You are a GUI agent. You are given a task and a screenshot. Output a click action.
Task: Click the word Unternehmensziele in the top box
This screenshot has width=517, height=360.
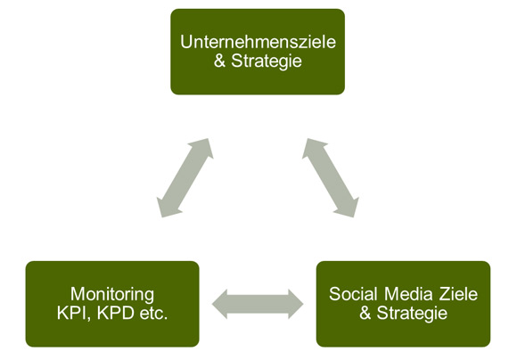pyautogui.click(x=258, y=42)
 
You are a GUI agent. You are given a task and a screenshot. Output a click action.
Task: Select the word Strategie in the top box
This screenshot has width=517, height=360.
pyautogui.click(x=267, y=61)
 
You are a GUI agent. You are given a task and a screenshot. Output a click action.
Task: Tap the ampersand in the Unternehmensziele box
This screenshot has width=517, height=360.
pyautogui.click(x=219, y=61)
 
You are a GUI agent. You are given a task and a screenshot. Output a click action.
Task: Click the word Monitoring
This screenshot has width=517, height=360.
pyautogui.click(x=112, y=295)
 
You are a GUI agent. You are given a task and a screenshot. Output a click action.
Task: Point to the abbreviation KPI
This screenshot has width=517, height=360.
pyautogui.click(x=73, y=314)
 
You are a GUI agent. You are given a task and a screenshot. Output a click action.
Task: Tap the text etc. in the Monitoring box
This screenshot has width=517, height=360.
pyautogui.click(x=153, y=314)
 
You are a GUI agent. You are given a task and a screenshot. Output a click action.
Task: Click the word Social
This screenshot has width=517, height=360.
pyautogui.click(x=353, y=294)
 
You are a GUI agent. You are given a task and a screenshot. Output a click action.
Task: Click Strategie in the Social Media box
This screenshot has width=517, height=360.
pyautogui.click(x=412, y=314)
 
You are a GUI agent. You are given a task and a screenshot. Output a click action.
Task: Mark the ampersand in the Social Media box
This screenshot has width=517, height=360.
pyautogui.click(x=365, y=313)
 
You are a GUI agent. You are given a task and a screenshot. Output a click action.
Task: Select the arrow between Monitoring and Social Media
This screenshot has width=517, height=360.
pyautogui.click(x=258, y=304)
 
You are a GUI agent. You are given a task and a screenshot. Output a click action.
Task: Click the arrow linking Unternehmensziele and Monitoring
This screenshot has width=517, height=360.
pyautogui.click(x=185, y=178)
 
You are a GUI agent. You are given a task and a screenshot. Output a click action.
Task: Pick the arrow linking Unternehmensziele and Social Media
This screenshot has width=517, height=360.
pyautogui.click(x=331, y=178)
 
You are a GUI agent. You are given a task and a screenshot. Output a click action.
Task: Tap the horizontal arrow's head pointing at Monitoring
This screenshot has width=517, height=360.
pyautogui.click(x=219, y=304)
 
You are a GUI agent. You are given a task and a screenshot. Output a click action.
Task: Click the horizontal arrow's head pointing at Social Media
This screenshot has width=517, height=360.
pyautogui.click(x=296, y=304)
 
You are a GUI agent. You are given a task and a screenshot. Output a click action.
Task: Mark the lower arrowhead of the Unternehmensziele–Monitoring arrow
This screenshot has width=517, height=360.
pyautogui.click(x=168, y=208)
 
